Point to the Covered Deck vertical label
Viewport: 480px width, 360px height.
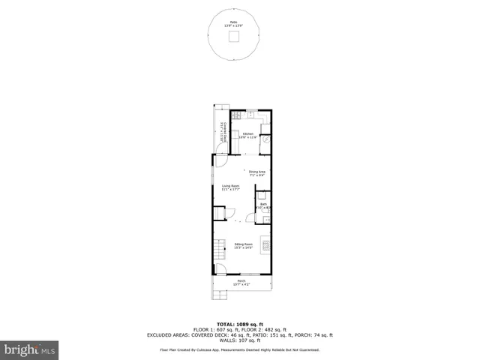click(222, 133)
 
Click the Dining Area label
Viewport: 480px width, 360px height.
click(257, 173)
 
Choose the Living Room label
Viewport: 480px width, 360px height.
click(230, 187)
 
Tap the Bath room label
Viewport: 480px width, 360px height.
click(264, 205)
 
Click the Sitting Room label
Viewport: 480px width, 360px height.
click(243, 245)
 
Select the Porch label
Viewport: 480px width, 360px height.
click(241, 282)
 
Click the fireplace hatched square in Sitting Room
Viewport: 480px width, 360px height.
click(262, 244)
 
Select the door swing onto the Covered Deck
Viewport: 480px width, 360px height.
click(220, 159)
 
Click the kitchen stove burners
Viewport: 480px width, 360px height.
click(237, 115)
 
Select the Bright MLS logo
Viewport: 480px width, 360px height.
click(28, 349)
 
